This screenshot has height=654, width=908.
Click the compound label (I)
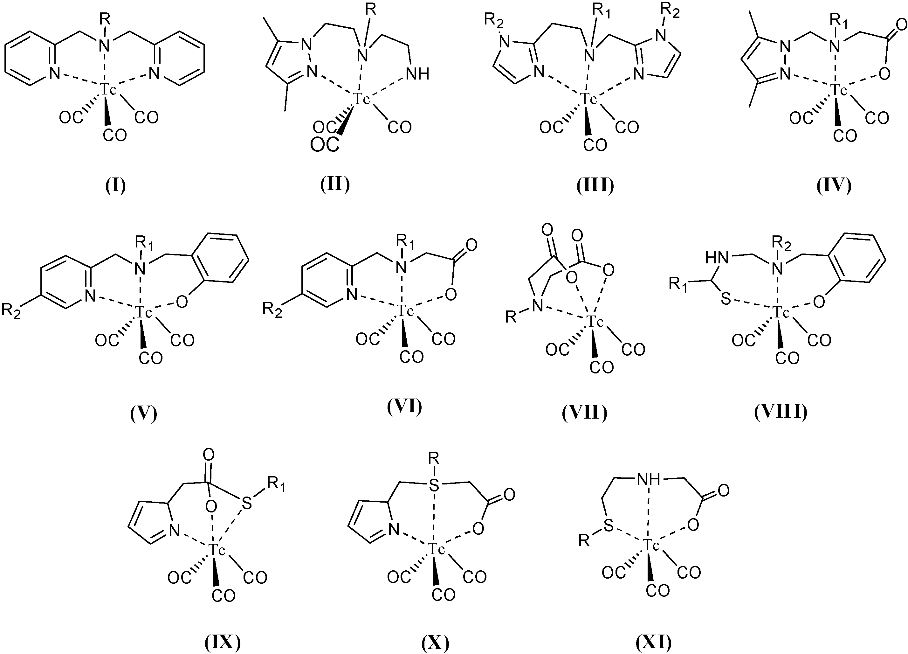point(115,186)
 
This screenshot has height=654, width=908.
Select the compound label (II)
point(335,184)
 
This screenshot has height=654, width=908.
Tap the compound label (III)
point(595,186)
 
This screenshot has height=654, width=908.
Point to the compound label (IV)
point(834,186)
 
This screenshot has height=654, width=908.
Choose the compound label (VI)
point(405,407)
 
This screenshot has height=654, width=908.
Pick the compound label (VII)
point(585,413)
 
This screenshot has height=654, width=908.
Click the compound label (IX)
point(223,642)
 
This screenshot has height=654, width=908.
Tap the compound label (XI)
point(654,642)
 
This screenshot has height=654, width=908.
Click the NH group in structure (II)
point(417,74)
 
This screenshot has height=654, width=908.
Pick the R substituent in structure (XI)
point(584,542)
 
